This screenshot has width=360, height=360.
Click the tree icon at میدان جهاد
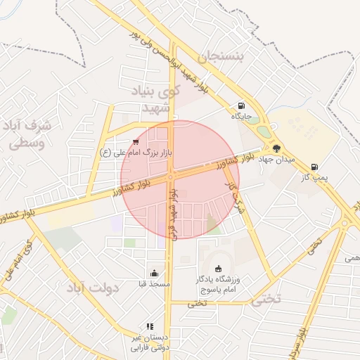pos(276,148)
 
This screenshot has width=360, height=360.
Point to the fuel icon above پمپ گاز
pos(314,167)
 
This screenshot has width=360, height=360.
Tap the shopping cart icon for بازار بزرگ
pos(135,141)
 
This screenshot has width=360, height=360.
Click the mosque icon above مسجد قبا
pos(155,273)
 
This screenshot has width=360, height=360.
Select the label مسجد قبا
pos(155,283)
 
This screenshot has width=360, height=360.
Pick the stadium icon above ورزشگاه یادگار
pos(218,269)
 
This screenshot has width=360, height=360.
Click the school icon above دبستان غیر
pos(150,326)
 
